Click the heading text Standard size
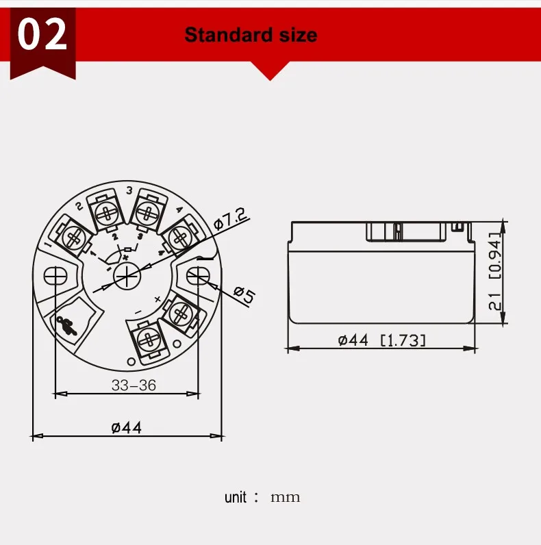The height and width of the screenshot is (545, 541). coord(251,34)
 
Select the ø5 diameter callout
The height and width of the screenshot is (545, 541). coord(243,295)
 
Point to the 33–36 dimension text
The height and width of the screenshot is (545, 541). coord(134,385)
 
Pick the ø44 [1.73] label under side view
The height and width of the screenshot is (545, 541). coord(382,340)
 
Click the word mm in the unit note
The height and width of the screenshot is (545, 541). coord(285,497)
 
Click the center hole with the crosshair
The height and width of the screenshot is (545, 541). coord(127,275)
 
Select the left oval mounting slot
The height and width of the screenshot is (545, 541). coord(55,276)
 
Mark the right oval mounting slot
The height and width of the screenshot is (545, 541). coord(199,276)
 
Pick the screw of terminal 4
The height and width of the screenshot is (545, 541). coord(179,237)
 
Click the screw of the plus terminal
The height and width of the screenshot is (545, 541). coord(181,314)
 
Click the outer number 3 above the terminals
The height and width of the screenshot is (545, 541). coord(129,190)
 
